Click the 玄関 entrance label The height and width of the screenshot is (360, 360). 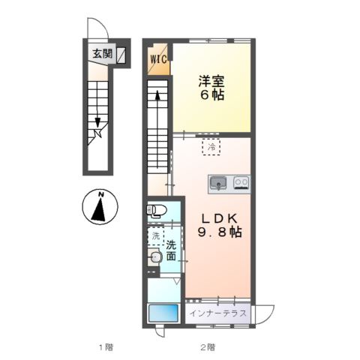103,54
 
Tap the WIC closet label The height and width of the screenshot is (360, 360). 158,60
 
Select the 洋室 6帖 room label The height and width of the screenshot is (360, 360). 211,88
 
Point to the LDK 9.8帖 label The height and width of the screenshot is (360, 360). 220,226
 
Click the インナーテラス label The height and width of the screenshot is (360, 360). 217,313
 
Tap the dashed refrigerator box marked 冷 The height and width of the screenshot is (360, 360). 211,147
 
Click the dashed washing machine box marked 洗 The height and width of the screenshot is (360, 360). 156,236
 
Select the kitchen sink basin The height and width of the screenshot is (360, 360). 218,183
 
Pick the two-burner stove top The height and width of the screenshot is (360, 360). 241,183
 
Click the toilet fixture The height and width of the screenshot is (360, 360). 157,210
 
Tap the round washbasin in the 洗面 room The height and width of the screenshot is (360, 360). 156,256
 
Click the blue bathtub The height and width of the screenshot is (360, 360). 163,313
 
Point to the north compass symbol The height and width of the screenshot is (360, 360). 100,207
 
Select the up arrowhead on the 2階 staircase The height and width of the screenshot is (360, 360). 157,95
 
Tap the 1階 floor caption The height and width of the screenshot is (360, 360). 106,347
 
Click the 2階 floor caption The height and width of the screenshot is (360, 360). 208,347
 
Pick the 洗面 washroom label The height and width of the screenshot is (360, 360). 171,250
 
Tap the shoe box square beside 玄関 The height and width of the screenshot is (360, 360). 121,55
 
